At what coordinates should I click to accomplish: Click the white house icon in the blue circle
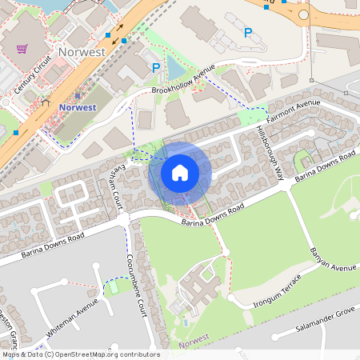click(180, 173)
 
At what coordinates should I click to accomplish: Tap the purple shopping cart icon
click(22, 49)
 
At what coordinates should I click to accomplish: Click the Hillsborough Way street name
click(270, 152)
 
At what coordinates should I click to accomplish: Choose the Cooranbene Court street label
click(134, 282)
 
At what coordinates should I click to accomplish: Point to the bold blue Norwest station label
click(78, 107)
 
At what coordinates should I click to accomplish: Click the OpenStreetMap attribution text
click(80, 354)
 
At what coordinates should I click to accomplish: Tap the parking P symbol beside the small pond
click(155, 69)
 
